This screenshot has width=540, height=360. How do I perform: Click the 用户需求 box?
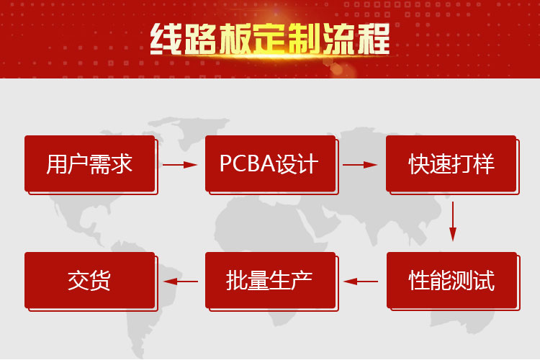[x=89, y=163]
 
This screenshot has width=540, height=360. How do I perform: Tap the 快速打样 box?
[x=451, y=163]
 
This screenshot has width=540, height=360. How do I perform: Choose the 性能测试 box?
[x=452, y=280]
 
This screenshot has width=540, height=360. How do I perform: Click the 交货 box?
[x=89, y=280]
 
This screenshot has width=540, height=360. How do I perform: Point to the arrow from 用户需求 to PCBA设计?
[x=180, y=165]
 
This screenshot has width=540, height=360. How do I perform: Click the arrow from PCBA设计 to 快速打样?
[x=360, y=165]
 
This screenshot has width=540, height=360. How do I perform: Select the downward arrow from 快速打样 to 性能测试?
[x=453, y=222]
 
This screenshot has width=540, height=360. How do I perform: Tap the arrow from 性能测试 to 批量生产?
[x=361, y=282]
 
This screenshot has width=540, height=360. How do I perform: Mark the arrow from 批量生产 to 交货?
[x=181, y=282]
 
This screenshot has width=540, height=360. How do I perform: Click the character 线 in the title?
[x=167, y=39]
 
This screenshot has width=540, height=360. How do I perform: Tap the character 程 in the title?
[x=374, y=39]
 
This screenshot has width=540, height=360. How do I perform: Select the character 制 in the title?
[x=305, y=39]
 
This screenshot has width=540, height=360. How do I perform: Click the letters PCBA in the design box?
[x=248, y=163]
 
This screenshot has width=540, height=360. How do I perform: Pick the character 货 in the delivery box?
[x=100, y=280]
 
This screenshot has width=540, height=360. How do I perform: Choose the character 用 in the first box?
[x=57, y=164]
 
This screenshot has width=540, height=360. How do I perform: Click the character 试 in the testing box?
[x=484, y=280]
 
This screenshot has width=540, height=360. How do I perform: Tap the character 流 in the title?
[x=339, y=39]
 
